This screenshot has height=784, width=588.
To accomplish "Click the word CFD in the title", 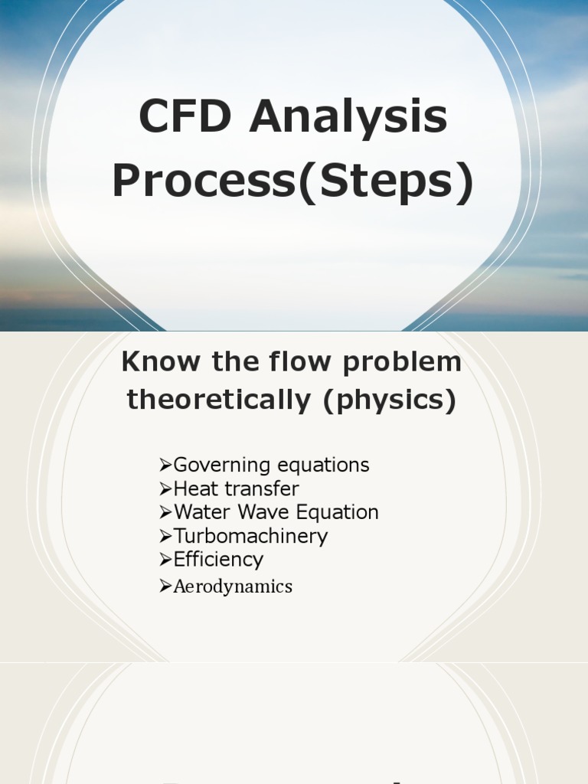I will pos(186,118).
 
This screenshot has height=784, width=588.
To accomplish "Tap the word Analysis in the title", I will pos(348,118).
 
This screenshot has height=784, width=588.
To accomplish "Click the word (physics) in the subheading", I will pos(389,400).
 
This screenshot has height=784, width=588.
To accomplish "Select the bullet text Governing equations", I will pos(271,465).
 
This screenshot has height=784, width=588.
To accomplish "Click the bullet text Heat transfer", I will pos(236,489).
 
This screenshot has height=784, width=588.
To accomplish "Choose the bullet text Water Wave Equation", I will pos(276,512).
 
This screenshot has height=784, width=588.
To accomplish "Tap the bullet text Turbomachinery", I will pos(250,536).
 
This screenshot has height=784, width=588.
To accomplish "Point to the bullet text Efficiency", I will pos(218,560).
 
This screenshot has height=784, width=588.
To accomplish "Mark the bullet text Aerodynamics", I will pos(233,586).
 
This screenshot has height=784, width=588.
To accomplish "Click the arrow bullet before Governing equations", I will pos(165,465).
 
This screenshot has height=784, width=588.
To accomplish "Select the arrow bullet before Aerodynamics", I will pos(165,586).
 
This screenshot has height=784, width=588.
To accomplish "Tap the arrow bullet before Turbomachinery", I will pos(165,535).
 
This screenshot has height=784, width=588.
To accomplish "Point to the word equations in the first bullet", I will pos(323,465).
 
